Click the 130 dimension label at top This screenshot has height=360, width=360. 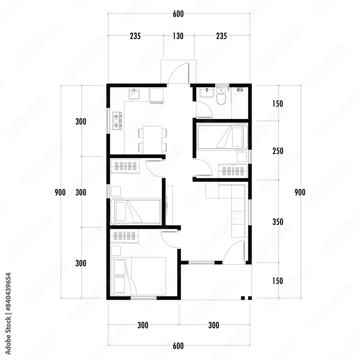tap(178, 36)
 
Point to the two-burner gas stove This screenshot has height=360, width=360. tap(117, 121)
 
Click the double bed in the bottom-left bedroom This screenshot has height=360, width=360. tap(138, 276)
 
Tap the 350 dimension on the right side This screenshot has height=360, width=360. tap(278, 222)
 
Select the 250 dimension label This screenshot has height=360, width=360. tap(278, 151)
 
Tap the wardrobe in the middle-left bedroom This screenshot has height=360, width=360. tap(125, 166)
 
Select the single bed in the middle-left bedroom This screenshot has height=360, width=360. tap(135, 211)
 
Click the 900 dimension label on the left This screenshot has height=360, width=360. tap(60, 192)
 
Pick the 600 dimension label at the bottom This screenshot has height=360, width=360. tap(178, 346)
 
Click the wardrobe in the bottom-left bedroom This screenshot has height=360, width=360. tap(124, 236)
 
